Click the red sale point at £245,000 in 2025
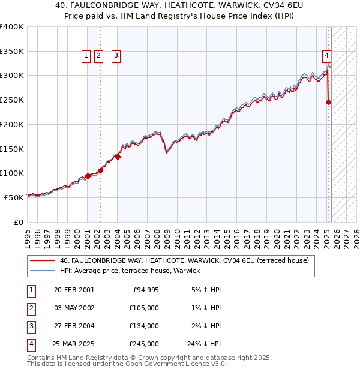click(329, 103)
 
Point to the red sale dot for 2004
click(118, 157)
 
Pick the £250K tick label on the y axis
click(12, 100)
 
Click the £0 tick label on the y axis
click(18, 222)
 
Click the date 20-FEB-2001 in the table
click(74, 290)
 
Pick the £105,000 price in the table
click(145, 307)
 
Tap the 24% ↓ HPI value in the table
click(204, 344)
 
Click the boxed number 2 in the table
click(30, 308)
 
